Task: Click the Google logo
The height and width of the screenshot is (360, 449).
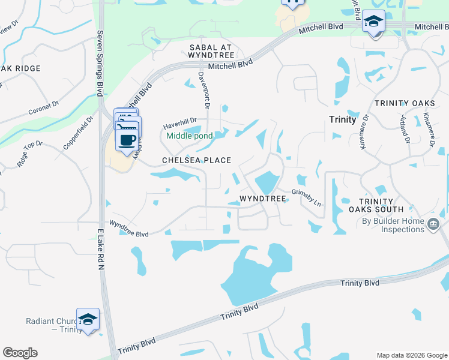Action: coord(20,353)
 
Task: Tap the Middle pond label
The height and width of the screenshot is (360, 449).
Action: coord(189,136)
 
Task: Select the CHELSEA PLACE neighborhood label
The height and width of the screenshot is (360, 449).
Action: coord(197,160)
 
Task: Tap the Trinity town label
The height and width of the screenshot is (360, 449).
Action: coord(343,119)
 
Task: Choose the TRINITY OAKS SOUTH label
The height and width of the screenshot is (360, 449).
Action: coord(376,205)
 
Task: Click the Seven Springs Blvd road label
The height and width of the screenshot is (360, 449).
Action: coord(100,63)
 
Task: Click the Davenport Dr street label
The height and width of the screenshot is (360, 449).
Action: coord(203,90)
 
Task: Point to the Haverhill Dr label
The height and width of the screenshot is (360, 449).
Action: coord(180,125)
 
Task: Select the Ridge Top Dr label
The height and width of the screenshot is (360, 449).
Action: coord(30,152)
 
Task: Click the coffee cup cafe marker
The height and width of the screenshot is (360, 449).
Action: coord(127,140)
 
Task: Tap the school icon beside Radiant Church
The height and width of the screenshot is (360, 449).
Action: coord(88,319)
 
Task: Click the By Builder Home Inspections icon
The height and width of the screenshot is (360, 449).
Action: coord(433,224)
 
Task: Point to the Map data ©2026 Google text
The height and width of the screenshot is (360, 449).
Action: coord(412,355)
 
